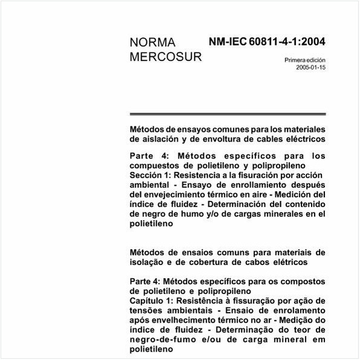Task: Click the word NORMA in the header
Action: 152,42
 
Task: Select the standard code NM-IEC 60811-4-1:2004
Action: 267,42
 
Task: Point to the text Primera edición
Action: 305,60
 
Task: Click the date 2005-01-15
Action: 310,68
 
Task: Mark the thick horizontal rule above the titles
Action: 227,114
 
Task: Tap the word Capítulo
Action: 149,301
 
